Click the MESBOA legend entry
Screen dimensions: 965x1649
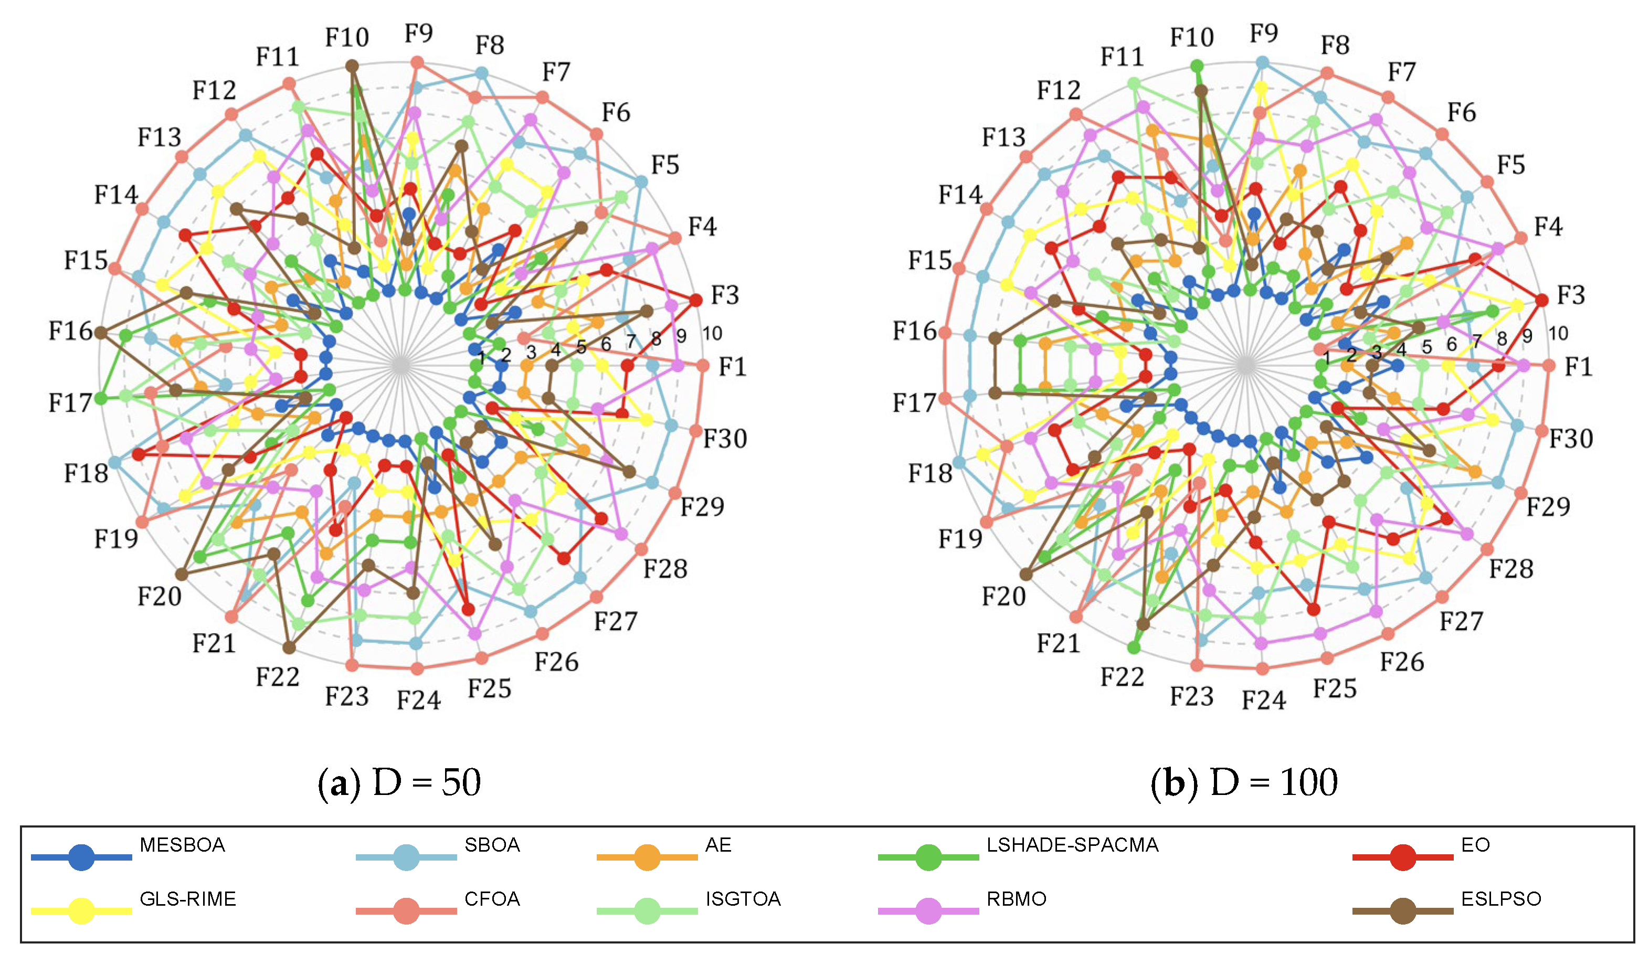click(x=182, y=845)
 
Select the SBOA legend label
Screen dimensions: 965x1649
click(x=492, y=845)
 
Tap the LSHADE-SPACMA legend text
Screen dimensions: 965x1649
click(x=1072, y=845)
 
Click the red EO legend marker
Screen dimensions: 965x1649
click(x=1402, y=857)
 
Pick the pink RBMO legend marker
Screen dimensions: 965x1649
click(x=928, y=911)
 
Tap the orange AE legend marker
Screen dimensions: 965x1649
click(x=647, y=857)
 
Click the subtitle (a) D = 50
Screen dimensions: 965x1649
click(x=399, y=782)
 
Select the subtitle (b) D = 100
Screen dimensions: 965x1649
click(x=1244, y=782)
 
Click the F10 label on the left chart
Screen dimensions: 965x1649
click(x=347, y=37)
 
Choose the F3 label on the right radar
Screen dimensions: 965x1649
click(x=1570, y=295)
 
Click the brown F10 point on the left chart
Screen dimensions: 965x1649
click(x=352, y=66)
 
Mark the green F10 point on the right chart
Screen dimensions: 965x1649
click(x=1196, y=66)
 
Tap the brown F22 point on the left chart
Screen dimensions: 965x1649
click(x=289, y=648)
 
